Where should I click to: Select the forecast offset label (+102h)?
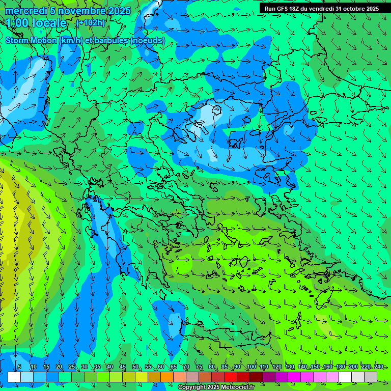[91, 23]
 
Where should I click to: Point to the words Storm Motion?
[31, 40]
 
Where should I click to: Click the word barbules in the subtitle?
[109, 40]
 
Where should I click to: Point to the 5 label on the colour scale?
[19, 367]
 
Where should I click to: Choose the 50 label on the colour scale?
[135, 367]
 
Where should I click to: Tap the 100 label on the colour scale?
[252, 367]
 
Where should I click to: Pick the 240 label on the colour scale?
[378, 367]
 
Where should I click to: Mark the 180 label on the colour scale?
[340, 367]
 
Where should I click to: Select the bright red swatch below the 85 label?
[231, 377]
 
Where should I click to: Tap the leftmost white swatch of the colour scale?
[14, 377]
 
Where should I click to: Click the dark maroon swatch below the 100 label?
[256, 377]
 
